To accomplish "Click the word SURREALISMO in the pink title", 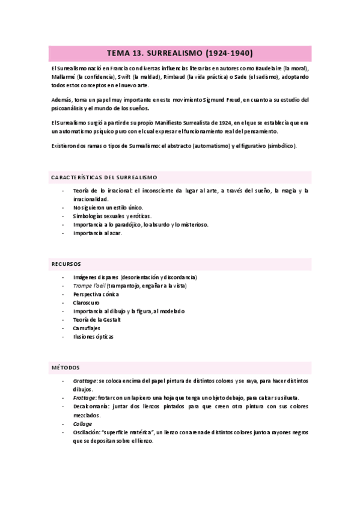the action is click(166, 52).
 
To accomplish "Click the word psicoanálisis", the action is click(72, 108).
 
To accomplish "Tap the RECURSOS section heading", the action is click(66, 263).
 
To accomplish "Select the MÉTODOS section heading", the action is click(65, 367).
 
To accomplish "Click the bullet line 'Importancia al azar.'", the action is click(97, 233).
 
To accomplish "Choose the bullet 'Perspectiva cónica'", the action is click(96, 294).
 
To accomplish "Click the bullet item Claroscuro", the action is click(86, 303).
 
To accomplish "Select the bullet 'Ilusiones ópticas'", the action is click(93, 337).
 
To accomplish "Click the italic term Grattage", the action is click(84, 381).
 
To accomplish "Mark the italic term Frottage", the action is click(84, 398).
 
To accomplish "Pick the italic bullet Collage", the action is click(83, 423).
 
